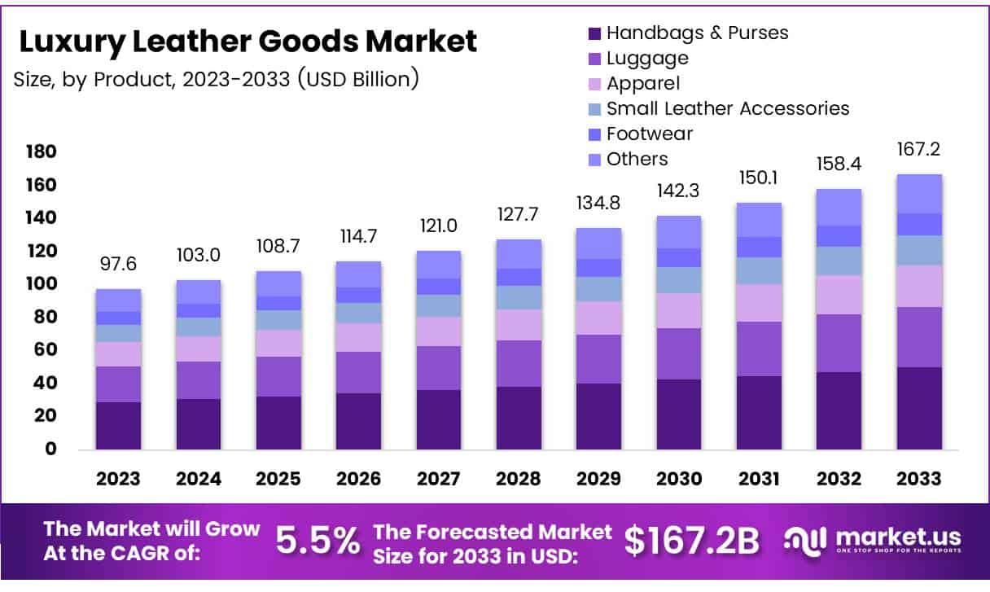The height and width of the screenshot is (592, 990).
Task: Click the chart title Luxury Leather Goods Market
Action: tap(247, 41)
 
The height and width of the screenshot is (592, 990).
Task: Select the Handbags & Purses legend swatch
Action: tap(594, 33)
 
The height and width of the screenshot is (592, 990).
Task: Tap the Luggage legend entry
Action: tap(647, 58)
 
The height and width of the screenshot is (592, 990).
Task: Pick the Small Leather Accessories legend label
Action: tap(727, 108)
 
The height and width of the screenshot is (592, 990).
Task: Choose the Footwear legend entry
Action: tap(649, 134)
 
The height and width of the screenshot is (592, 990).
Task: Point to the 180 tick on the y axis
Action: tap(41, 152)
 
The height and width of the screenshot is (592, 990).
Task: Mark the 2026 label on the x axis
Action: tap(358, 479)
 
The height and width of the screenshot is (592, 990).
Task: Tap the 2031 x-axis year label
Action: tap(759, 479)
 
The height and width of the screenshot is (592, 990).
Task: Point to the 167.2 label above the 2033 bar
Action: tap(919, 151)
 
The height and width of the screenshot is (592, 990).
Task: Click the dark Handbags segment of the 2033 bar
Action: tap(919, 408)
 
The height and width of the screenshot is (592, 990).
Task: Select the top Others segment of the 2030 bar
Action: tap(679, 232)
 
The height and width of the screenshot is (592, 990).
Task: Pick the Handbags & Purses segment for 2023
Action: tap(118, 425)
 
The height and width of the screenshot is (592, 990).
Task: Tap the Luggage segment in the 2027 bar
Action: tap(439, 368)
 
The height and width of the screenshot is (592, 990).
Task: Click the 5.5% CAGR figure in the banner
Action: tap(318, 540)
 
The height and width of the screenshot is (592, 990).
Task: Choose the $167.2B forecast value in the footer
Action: tap(692, 540)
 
